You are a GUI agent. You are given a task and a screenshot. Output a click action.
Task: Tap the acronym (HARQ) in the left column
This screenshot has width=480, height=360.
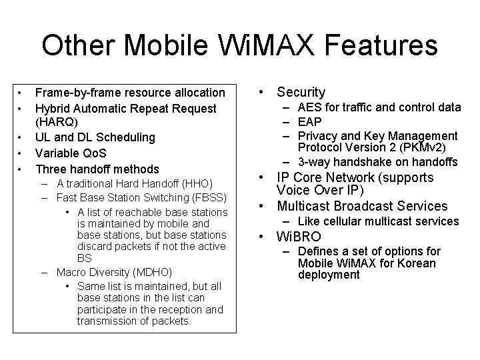(57, 123)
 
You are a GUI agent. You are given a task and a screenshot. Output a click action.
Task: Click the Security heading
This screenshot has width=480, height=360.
(301, 92)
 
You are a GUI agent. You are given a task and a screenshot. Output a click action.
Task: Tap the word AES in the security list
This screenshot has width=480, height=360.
(309, 107)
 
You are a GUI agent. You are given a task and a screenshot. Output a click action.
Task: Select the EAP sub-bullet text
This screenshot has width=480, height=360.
(309, 121)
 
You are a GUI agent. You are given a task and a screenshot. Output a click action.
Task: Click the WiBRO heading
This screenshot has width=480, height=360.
(299, 236)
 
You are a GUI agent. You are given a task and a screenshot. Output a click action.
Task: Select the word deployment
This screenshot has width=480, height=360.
(329, 275)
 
